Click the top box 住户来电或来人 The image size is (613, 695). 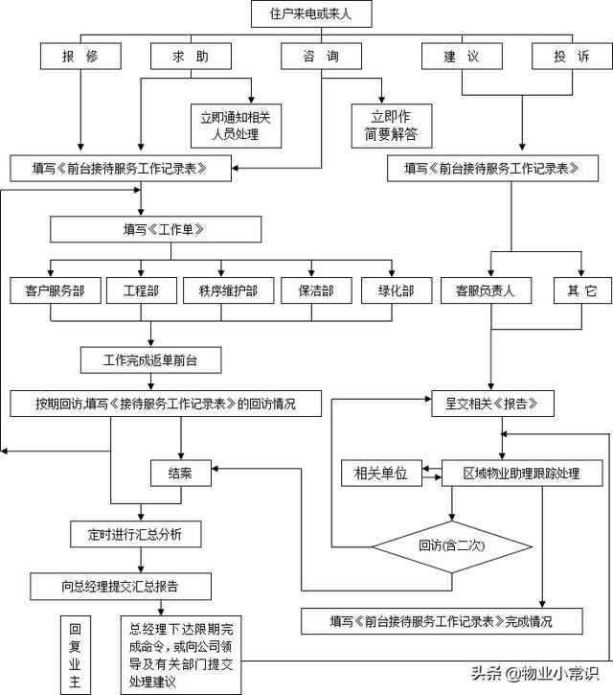pos(310,14)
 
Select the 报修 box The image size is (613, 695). pos(81,58)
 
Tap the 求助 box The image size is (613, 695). pos(193,58)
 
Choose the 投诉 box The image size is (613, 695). pos(571,58)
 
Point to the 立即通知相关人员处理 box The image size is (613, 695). pos(236,126)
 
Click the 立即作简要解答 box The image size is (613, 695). pos(391,126)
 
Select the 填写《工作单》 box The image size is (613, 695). pos(156,229)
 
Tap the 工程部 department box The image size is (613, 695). pos(141,290)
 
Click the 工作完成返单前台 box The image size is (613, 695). pos(151,359)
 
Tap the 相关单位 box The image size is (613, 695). pos(381,473)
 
